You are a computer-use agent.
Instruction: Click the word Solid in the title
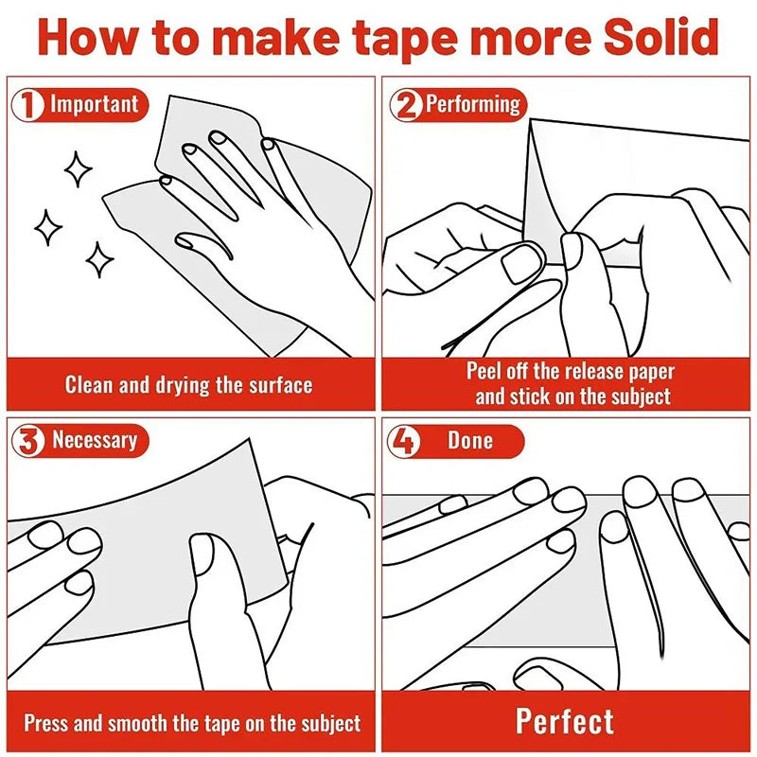pyautogui.click(x=660, y=37)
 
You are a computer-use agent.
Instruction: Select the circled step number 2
pyautogui.click(x=407, y=105)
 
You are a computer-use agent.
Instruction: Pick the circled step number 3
pyautogui.click(x=28, y=440)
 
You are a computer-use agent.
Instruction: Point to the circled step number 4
pyautogui.click(x=404, y=441)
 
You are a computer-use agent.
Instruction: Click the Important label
pyautogui.click(x=94, y=104)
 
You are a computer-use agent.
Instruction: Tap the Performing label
pyautogui.click(x=473, y=105)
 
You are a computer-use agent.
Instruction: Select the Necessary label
pyautogui.click(x=95, y=441)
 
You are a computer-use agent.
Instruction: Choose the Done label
pyautogui.click(x=470, y=440)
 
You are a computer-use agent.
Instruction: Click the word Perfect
pyautogui.click(x=565, y=722)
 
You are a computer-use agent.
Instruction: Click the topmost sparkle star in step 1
pyautogui.click(x=78, y=169)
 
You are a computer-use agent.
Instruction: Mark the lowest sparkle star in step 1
pyautogui.click(x=99, y=259)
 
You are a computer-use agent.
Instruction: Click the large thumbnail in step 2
pyautogui.click(x=522, y=263)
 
